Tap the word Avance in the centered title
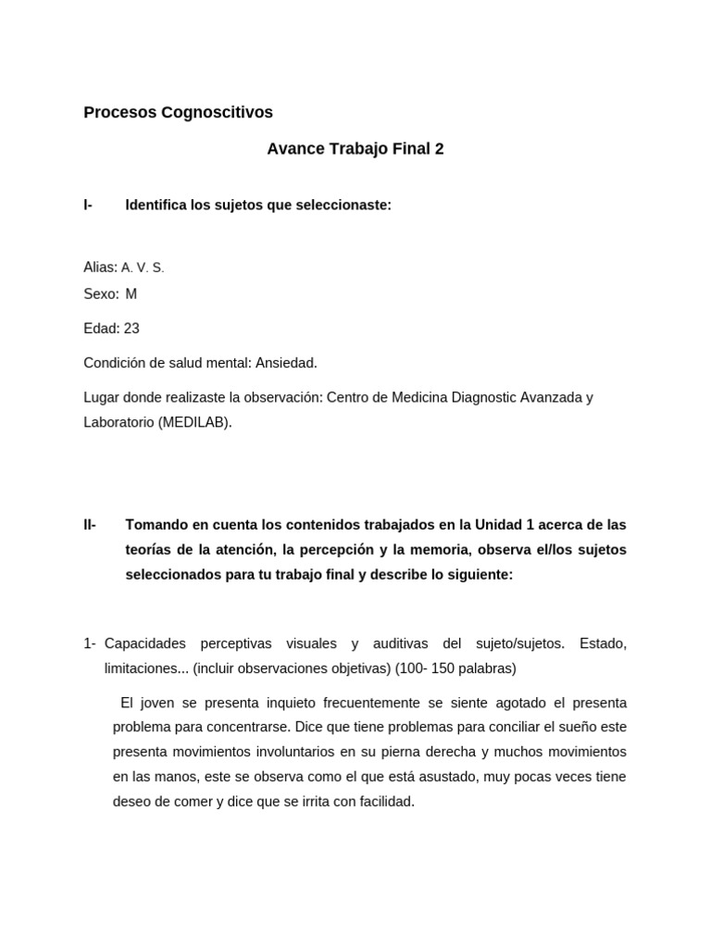[x=293, y=149]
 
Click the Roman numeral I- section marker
[x=88, y=206]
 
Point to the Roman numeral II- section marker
[x=90, y=525]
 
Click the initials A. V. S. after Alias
[x=143, y=268]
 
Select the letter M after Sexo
[x=131, y=294]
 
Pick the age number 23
[x=131, y=329]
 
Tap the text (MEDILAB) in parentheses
[x=194, y=422]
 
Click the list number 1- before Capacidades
[x=90, y=643]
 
